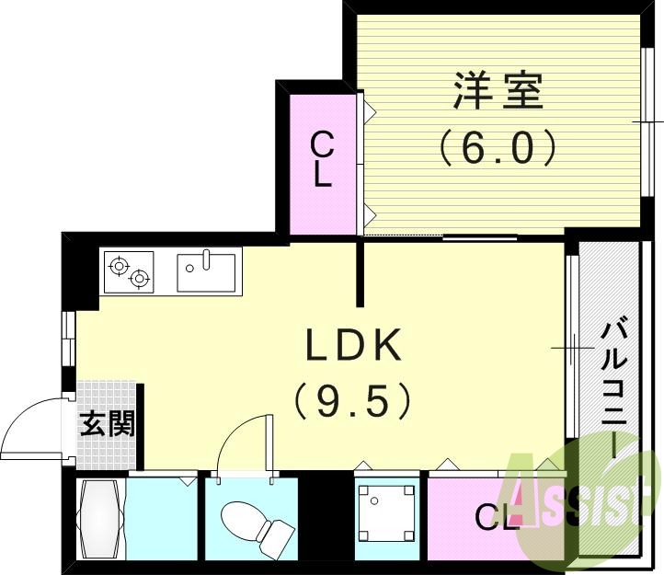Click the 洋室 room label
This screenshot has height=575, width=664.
coord(497,92)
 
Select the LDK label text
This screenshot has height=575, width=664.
coord(354,346)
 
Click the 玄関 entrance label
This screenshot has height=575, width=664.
coord(108,424)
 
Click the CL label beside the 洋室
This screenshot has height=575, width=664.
coord(321,159)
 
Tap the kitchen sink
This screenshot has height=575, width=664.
coord(207,271)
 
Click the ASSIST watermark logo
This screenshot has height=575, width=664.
coord(579,501)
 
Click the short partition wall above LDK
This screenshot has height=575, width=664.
coord(361,272)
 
